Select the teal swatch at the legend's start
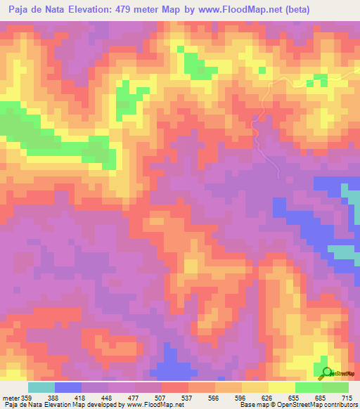pyautogui.click(x=41, y=387)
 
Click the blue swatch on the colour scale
pyautogui.click(x=68, y=387)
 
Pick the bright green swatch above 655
pyautogui.click(x=309, y=387)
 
